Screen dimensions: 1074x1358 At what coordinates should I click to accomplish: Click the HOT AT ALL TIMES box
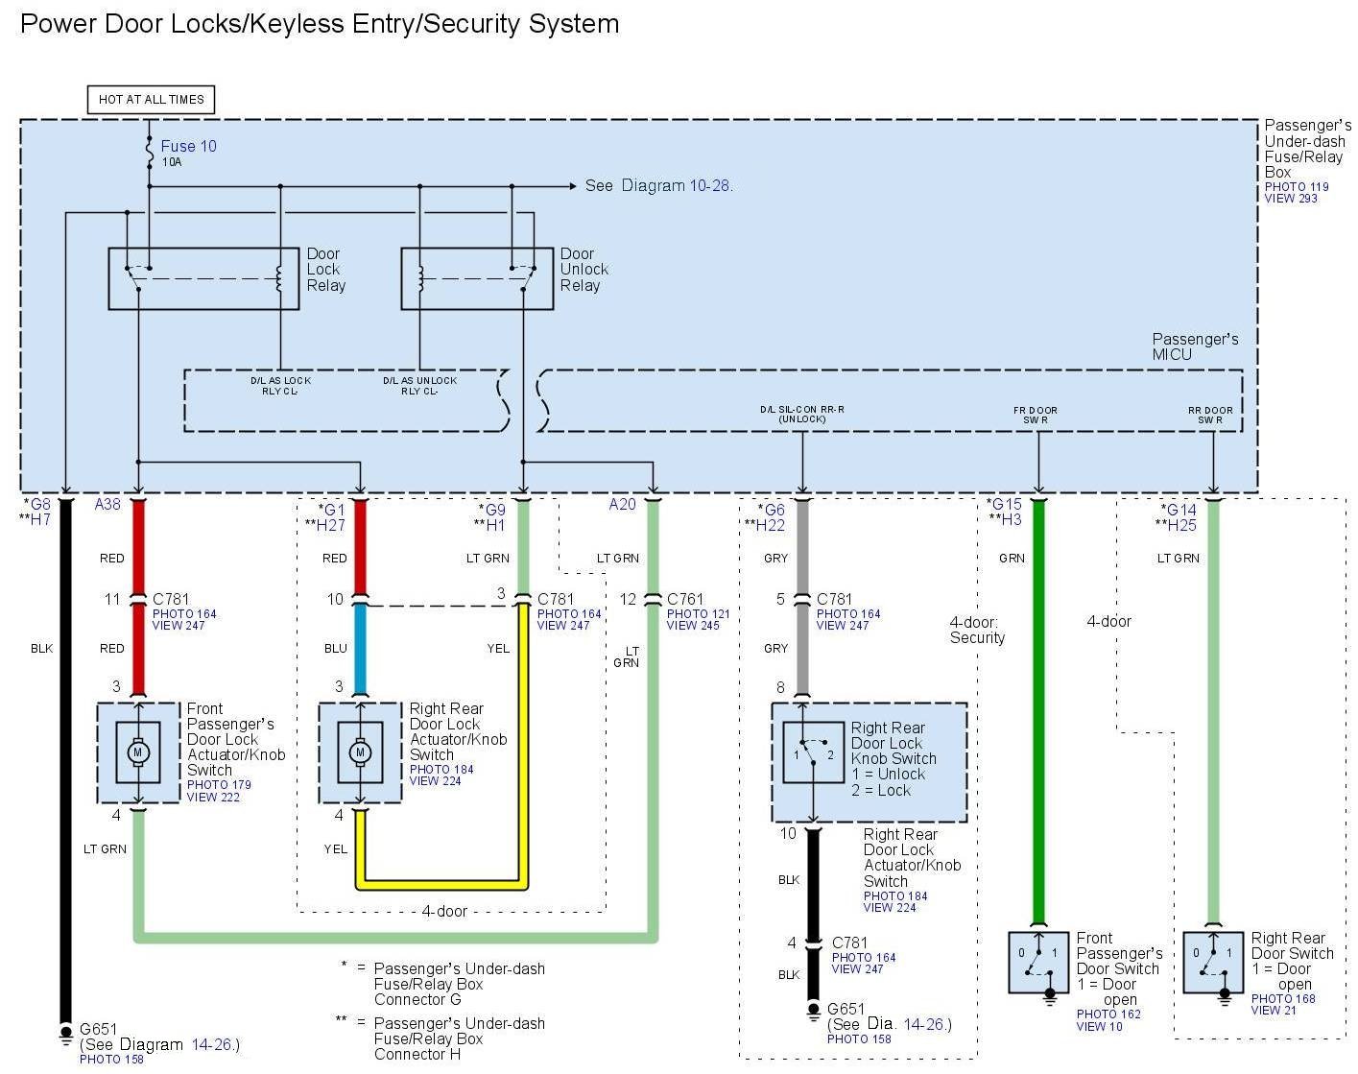pos(151,99)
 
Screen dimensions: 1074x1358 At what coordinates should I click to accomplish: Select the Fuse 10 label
pos(188,146)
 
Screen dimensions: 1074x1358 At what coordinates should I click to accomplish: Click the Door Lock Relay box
pos(203,279)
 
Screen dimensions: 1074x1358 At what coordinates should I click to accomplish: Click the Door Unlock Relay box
pos(476,279)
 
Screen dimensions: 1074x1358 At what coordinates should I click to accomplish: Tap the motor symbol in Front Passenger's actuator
pos(137,752)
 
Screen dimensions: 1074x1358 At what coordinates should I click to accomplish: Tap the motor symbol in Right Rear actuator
pos(360,752)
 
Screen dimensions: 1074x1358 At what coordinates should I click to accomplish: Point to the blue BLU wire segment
pos(360,649)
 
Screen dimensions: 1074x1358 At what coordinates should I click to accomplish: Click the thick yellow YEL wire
pos(524,749)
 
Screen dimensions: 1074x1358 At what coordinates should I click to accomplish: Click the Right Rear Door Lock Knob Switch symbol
pos(813,752)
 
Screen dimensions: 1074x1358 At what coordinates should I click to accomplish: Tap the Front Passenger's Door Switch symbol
pos(1037,962)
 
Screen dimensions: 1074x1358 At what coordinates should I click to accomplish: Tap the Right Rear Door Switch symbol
pos(1212,962)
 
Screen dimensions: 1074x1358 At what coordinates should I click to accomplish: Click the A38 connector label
pos(107,504)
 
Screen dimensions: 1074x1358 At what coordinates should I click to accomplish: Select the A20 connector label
pos(622,504)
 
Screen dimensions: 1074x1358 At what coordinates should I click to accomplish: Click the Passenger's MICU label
pos(1195,346)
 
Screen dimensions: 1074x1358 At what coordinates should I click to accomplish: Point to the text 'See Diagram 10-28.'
pos(658,185)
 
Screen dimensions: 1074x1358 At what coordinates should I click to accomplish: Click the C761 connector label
pos(685,599)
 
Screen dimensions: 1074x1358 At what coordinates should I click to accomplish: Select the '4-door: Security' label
pos(977,630)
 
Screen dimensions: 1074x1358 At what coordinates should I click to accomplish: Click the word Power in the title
pos(57,24)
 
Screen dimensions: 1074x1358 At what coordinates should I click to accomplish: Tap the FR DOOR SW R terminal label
pos(1035,415)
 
